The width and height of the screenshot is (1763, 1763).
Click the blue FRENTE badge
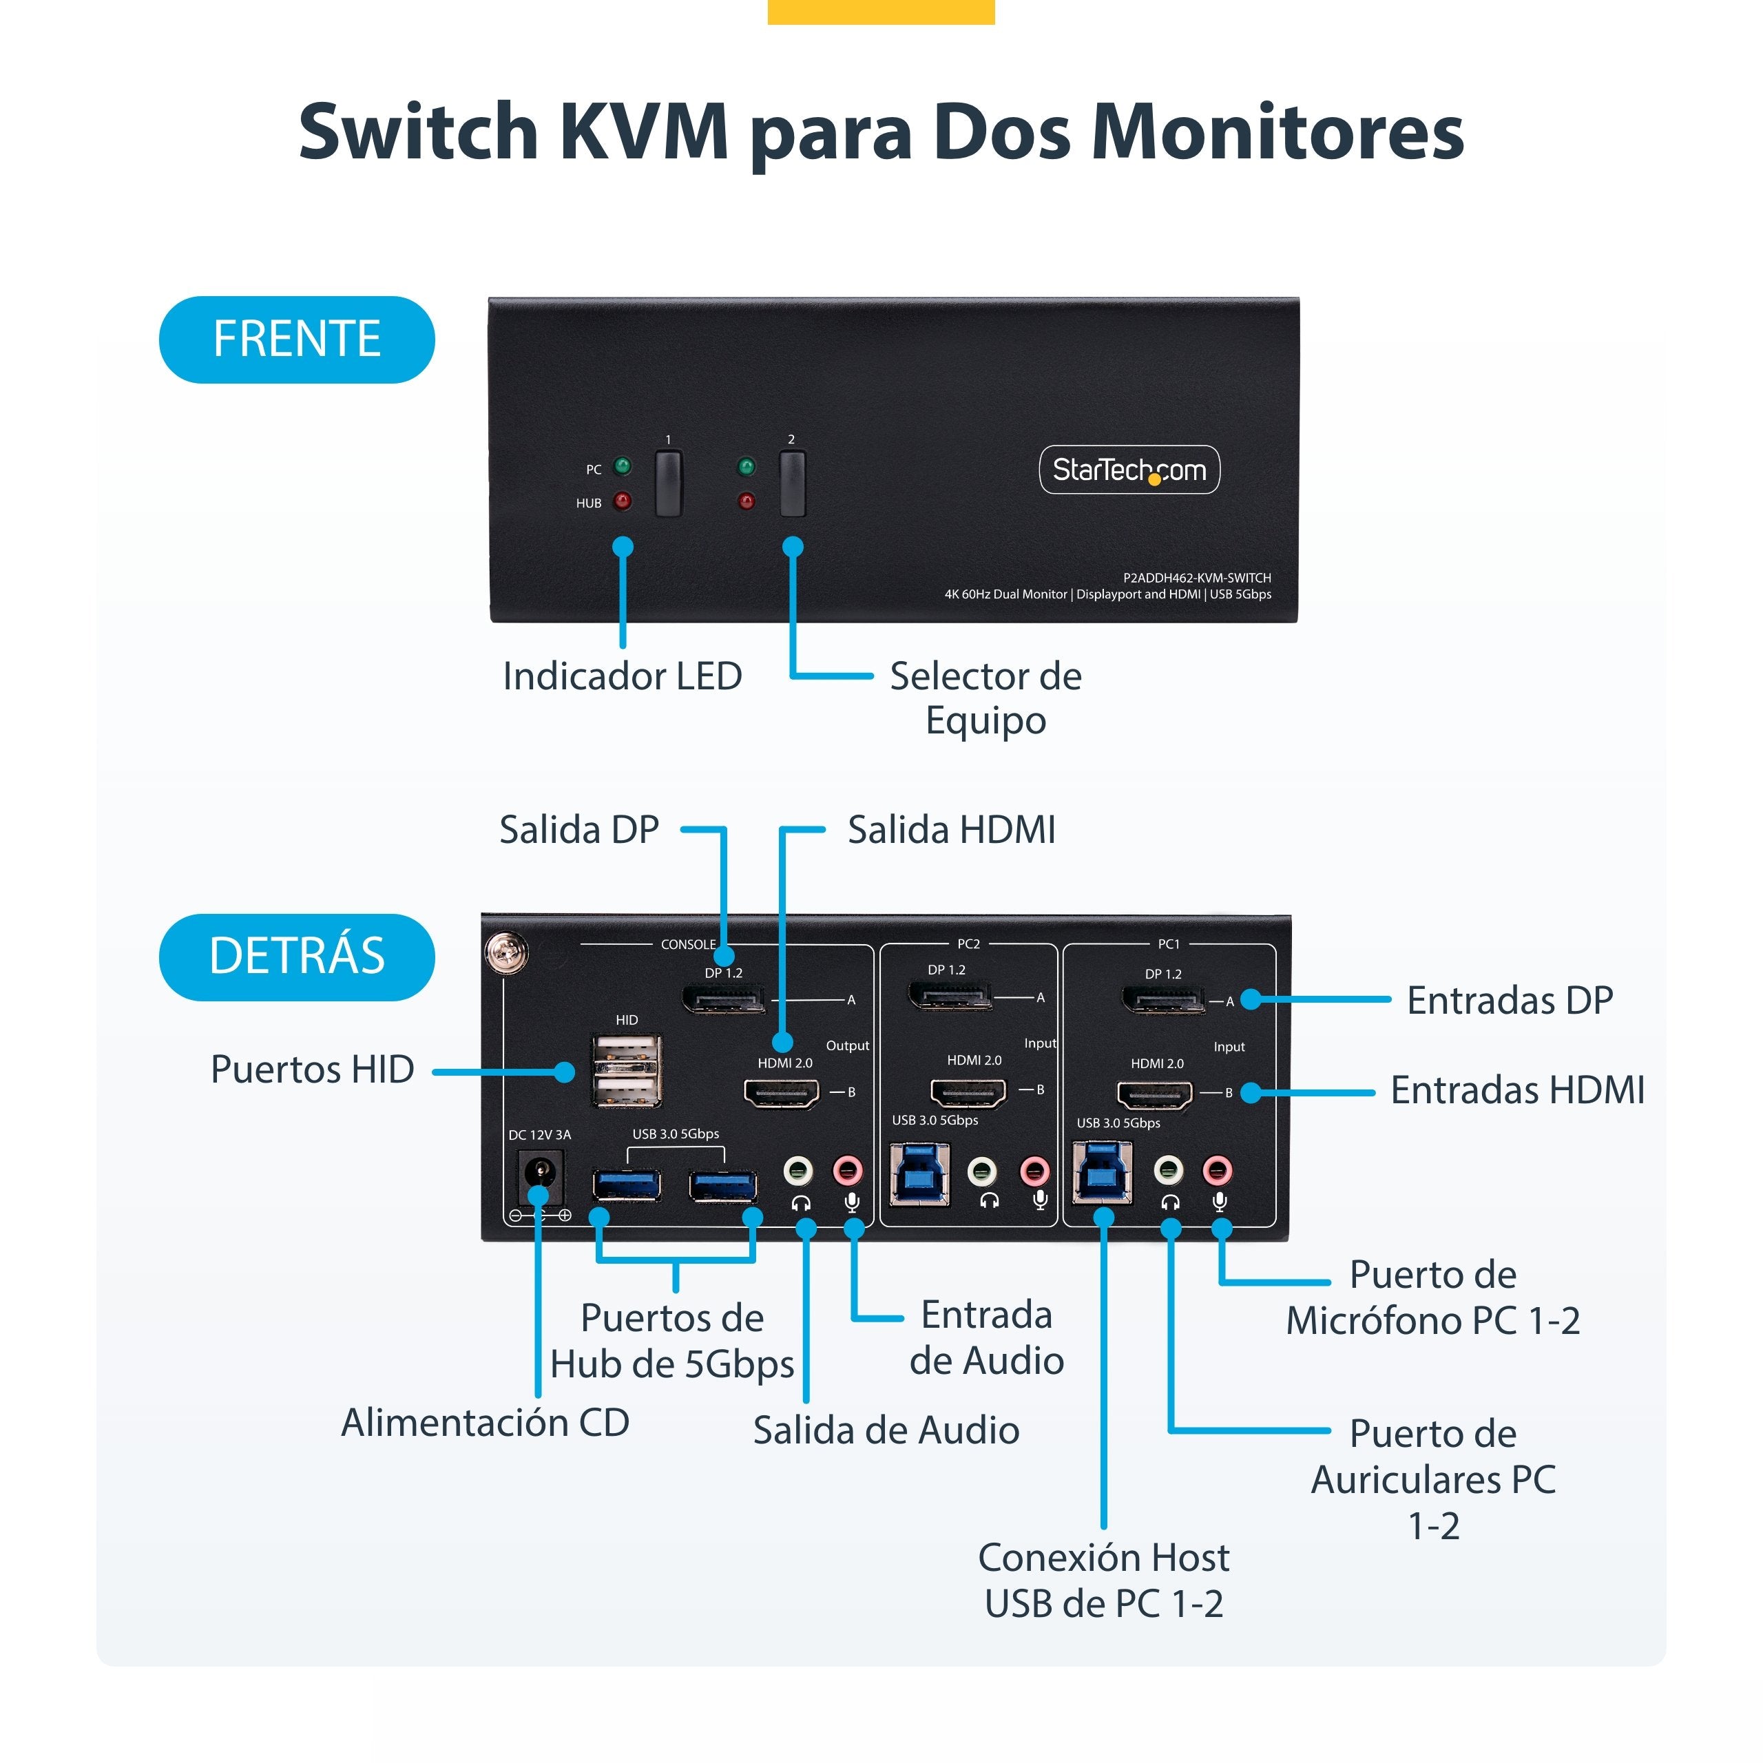coord(297,340)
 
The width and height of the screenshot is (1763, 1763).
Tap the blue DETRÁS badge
coord(297,957)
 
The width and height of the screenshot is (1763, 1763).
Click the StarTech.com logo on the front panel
coord(1129,470)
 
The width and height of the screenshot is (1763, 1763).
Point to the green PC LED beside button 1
coord(623,467)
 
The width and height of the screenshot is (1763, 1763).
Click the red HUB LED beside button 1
coord(623,501)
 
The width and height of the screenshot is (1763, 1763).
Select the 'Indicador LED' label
coord(623,676)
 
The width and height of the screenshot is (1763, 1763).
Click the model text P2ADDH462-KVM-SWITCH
coord(1196,578)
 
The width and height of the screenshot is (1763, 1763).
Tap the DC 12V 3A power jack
coord(540,1176)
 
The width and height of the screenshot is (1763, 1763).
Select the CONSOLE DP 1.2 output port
coord(724,999)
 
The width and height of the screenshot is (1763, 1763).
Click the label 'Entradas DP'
coord(1510,1000)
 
